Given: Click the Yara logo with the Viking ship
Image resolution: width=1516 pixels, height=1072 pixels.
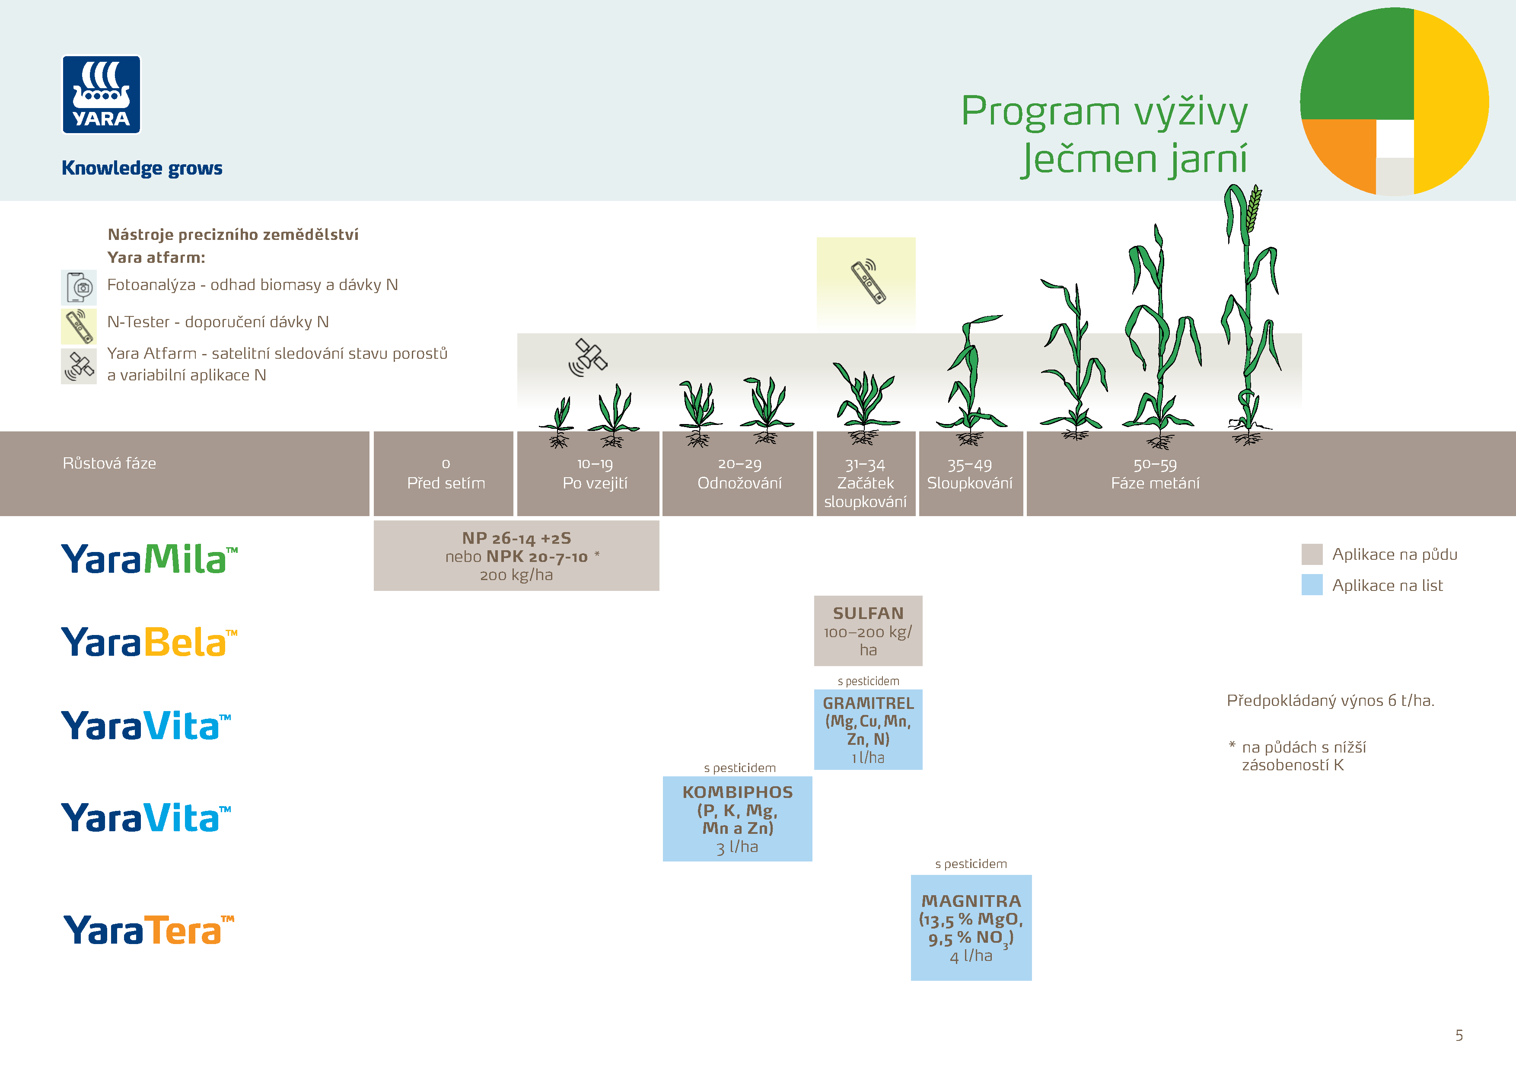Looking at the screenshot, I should tap(101, 95).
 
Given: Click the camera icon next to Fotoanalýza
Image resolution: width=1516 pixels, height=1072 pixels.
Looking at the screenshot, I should tap(79, 287).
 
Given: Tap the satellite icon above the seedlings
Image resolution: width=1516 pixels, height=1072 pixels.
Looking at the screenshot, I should tap(588, 357).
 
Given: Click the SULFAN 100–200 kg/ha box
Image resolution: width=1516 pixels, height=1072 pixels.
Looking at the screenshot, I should tap(868, 631).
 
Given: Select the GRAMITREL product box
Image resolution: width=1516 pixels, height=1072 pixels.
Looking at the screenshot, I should tap(868, 729).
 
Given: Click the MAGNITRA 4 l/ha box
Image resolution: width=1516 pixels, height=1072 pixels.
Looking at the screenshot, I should tap(971, 927).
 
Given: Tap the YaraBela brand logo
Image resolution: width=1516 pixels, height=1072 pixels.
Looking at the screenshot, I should tap(149, 642).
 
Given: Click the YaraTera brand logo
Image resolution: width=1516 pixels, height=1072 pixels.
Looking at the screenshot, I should tap(149, 930).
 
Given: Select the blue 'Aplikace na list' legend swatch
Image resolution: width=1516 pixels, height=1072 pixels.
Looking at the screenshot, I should tap(1311, 585).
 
